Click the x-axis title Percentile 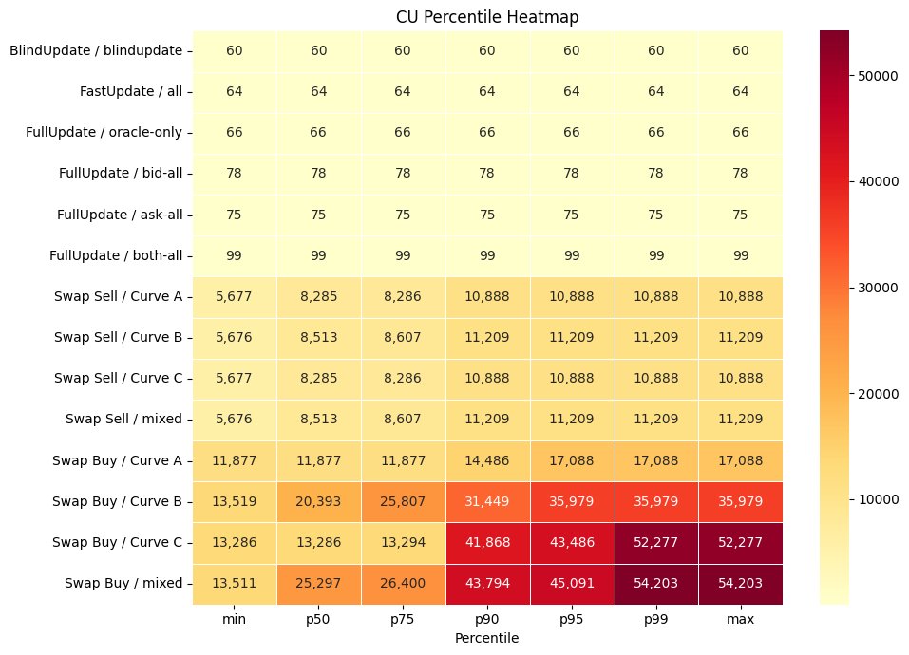click(x=488, y=639)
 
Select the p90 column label click(x=488, y=620)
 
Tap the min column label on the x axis click(x=235, y=620)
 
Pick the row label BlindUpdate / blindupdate click(x=100, y=50)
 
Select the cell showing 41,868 click(x=488, y=543)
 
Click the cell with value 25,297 click(x=319, y=584)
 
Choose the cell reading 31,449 click(x=488, y=501)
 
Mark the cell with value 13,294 click(x=404, y=543)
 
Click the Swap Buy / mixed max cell click(x=742, y=584)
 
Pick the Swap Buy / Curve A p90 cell click(x=488, y=460)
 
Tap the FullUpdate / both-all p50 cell click(x=319, y=255)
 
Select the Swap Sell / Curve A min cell click(x=235, y=296)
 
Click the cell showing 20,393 click(x=319, y=501)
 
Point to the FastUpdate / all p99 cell click(x=657, y=91)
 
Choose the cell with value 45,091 click(x=573, y=584)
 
